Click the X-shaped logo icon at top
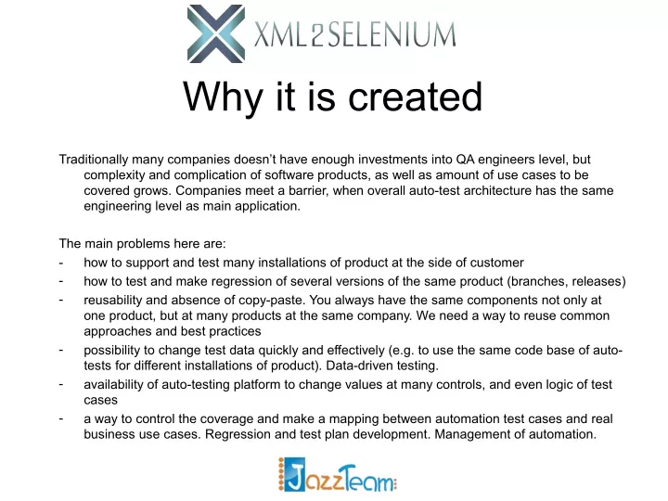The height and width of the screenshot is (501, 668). pos(216,33)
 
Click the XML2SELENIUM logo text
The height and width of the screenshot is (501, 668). pos(354,34)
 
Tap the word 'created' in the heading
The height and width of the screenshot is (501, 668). pos(416,96)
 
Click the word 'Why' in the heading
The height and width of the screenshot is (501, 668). pos(222,98)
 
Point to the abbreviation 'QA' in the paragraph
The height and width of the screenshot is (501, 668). pos(465,159)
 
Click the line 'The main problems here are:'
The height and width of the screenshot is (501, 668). pos(142,244)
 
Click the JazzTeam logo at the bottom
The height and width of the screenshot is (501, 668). pos(338,475)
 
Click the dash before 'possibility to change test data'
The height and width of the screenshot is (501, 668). pos(61,350)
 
